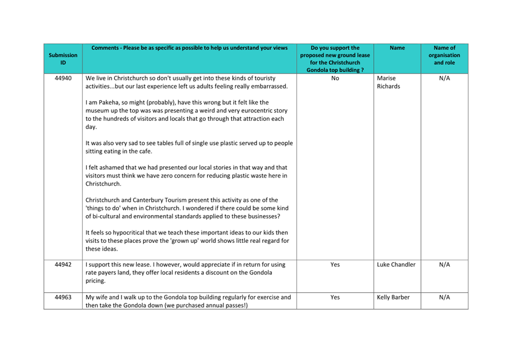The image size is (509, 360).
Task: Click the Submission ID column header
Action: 63,59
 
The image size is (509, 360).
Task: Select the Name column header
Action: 397,48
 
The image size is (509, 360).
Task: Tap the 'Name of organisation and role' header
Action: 444,55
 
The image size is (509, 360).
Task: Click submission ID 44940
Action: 63,78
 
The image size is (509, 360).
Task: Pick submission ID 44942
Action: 63,265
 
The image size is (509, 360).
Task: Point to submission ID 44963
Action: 63,297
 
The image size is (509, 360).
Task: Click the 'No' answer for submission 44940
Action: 335,78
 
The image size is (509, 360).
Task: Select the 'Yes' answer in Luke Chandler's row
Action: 335,265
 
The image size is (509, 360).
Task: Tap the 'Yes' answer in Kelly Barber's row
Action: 335,297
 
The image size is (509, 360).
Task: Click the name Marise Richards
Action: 388,82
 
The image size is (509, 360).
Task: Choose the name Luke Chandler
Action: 396,265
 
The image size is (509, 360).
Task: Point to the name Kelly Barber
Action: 393,297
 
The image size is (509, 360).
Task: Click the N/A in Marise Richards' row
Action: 444,78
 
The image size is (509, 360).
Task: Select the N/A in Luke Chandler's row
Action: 444,265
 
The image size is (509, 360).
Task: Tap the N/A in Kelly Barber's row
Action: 444,297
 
